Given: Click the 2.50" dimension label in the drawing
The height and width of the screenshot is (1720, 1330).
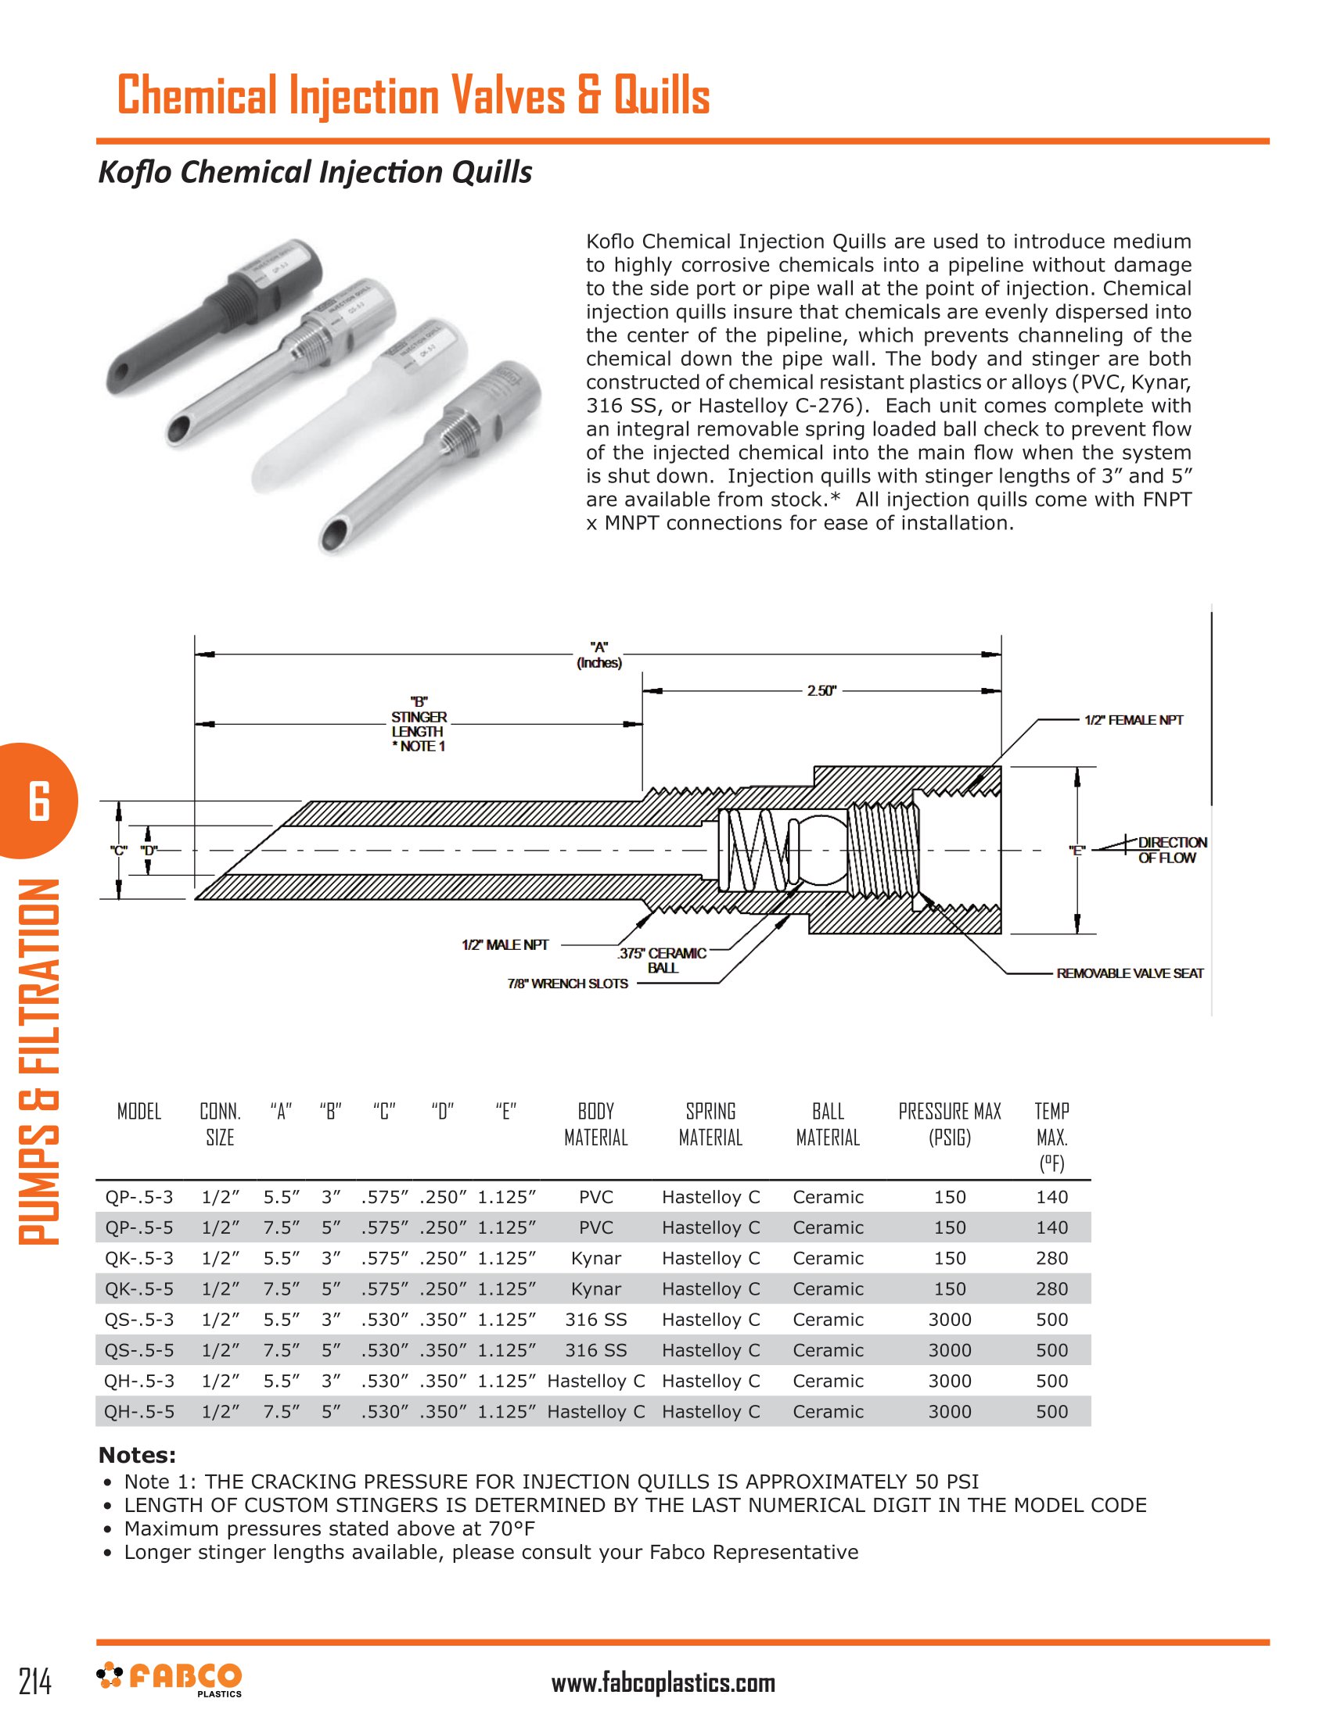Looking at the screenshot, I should pos(820,690).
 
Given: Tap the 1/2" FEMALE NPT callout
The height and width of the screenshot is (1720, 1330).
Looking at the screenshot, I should pos(1133,720).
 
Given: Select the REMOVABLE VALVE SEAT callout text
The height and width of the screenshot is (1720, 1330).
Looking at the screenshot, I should pos(1129,973).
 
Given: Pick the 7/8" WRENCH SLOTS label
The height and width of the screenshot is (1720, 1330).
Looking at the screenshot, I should pos(567,984).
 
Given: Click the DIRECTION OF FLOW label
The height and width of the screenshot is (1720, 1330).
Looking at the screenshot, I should pos(1170,851).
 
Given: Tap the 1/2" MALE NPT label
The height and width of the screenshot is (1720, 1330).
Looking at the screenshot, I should pos(505,944).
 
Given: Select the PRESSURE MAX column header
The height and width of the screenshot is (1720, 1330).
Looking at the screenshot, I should pos(950,1123).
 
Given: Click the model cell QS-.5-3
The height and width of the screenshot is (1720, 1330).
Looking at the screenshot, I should pos(139,1319).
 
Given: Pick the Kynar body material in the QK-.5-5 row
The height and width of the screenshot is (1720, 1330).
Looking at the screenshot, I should pos(595,1288).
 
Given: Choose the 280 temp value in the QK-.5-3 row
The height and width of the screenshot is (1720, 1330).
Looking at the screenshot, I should pos(1051,1258).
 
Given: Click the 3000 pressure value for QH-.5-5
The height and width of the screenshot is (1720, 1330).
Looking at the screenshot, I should pos(950,1411).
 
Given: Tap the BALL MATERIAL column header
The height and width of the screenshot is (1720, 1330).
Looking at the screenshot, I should pos(827,1123).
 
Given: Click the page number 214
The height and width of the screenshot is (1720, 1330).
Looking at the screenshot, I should pos(35,1682).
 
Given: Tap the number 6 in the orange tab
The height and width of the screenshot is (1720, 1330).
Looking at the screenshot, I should pos(38,801).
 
